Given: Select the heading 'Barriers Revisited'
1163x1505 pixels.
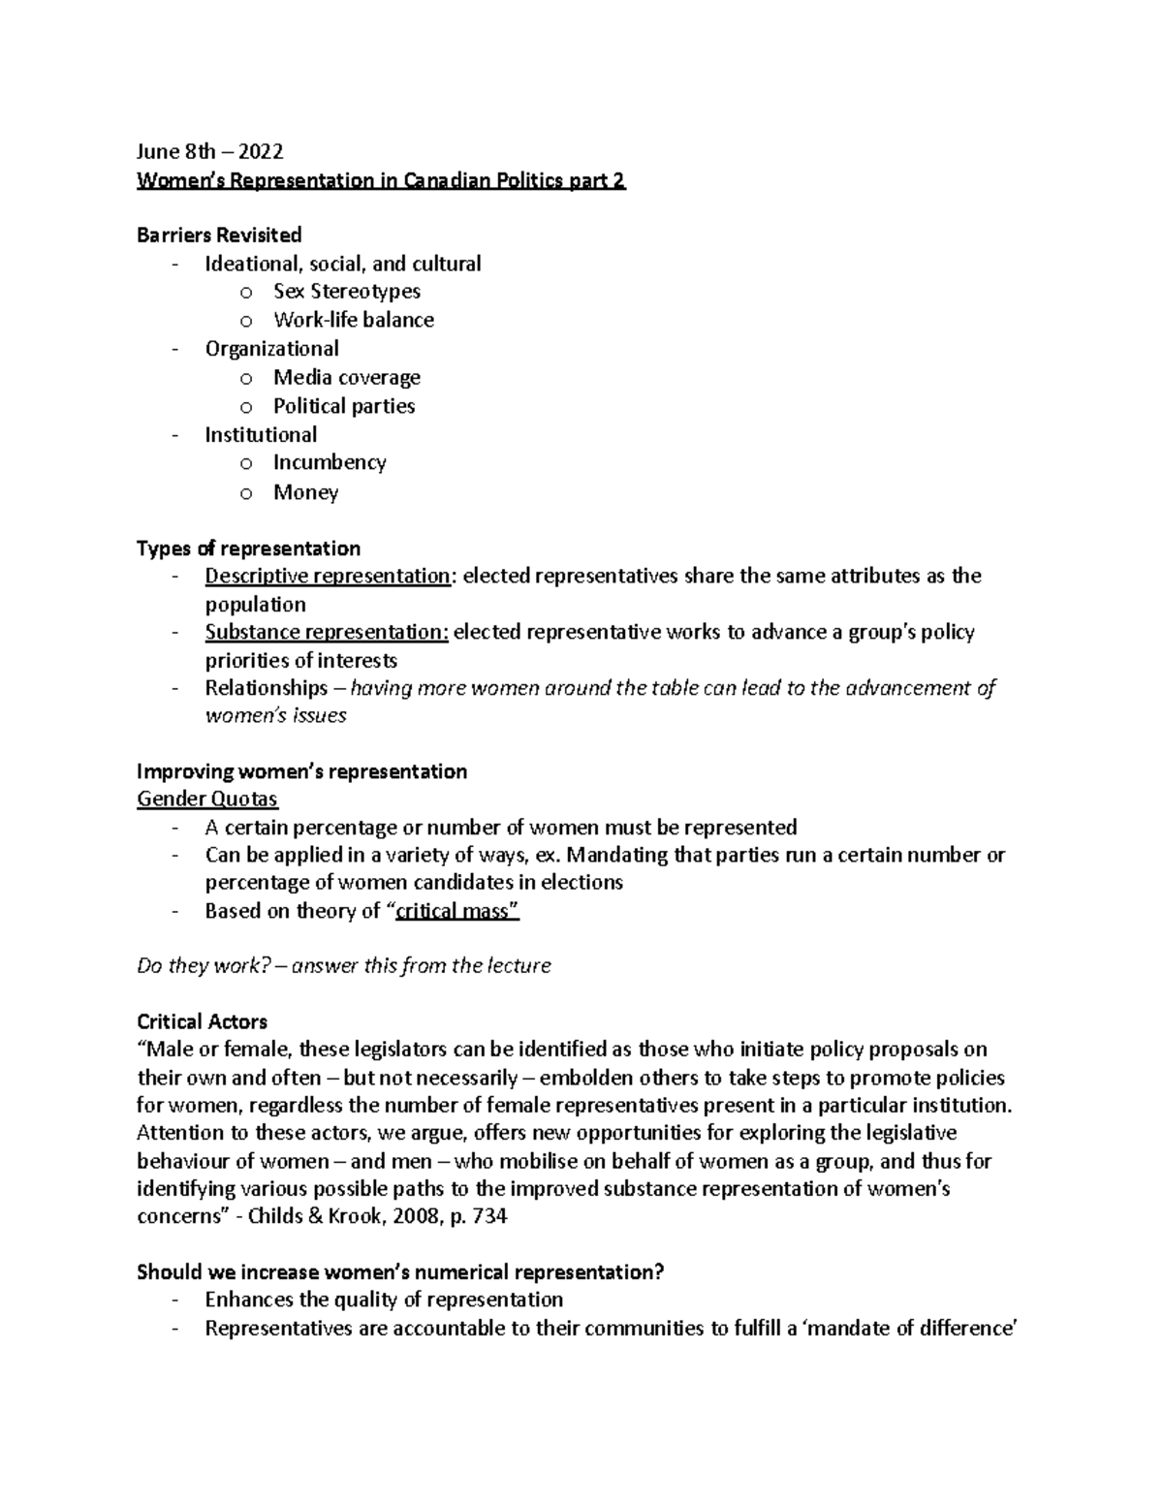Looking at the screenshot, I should [219, 235].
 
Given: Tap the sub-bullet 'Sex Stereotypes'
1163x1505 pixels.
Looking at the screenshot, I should [347, 291].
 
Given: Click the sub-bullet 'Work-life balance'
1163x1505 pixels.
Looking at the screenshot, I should [354, 320].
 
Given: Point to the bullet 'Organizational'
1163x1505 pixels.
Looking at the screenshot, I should [271, 348].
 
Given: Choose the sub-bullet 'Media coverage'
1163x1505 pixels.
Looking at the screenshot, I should [347, 377].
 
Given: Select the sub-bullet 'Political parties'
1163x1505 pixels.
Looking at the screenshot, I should [344, 406].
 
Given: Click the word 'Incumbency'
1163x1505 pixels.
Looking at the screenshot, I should [330, 462].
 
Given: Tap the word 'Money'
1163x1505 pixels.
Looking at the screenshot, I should [305, 492].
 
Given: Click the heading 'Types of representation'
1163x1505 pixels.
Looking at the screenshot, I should [248, 549].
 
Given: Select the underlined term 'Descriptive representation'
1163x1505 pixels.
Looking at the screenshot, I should [328, 576].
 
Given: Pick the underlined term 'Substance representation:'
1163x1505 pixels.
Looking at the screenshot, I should [327, 632].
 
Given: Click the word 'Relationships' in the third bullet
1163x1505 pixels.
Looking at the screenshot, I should [267, 688].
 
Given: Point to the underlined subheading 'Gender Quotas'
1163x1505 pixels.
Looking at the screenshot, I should [207, 800].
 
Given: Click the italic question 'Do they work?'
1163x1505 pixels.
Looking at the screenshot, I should [203, 965].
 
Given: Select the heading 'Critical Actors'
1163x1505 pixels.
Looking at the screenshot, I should [202, 1021].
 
